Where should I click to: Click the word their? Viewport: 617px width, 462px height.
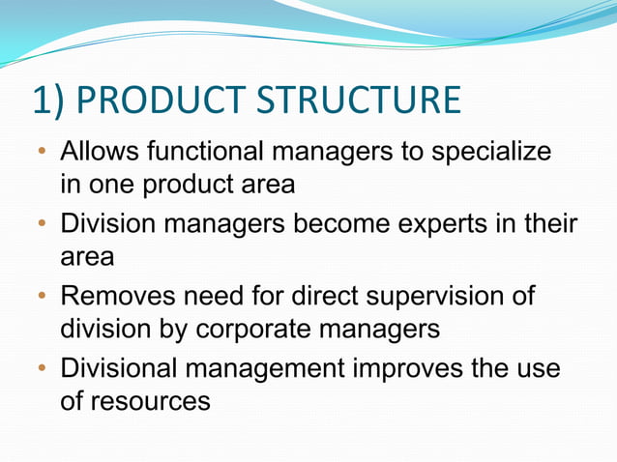[548, 225]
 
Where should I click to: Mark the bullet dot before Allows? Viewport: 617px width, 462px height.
[42, 154]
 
